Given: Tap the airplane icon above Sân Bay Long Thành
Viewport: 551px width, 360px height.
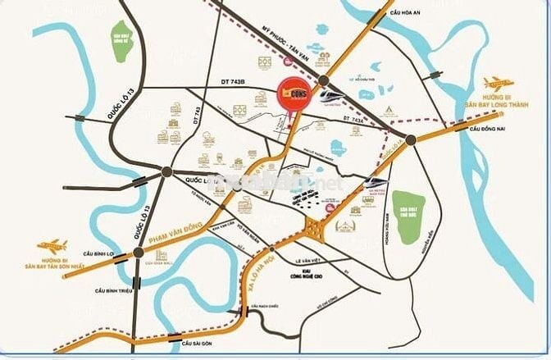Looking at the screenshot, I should click(499, 83).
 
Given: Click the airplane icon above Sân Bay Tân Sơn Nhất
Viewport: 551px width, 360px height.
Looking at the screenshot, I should click(52, 244).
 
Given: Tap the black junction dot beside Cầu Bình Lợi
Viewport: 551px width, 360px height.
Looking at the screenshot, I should click(139, 253).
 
